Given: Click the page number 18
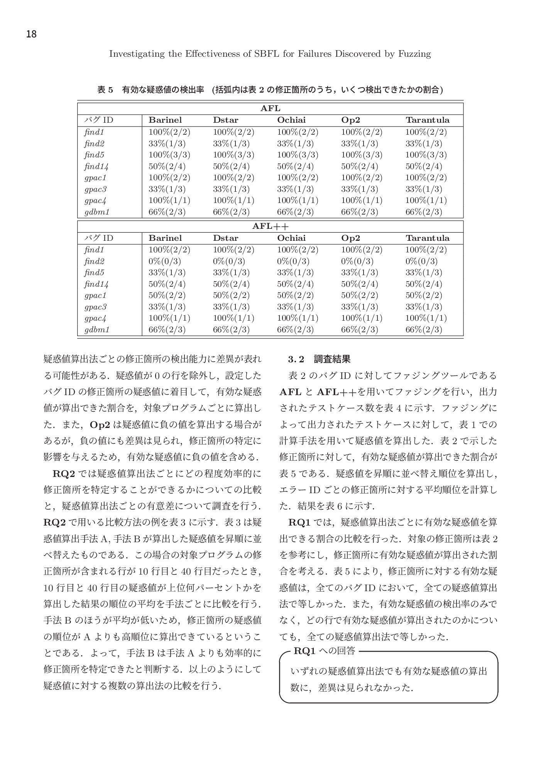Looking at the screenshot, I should pyautogui.click(x=31, y=35).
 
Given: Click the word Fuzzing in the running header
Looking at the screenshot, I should pyautogui.click(x=414, y=54).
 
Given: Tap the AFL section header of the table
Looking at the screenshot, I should pyautogui.click(x=270, y=108).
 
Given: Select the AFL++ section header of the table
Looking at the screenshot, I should pyautogui.click(x=270, y=226).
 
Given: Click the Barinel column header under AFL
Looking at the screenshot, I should pyautogui.click(x=165, y=120).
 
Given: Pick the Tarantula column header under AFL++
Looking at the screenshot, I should pyautogui.click(x=427, y=238).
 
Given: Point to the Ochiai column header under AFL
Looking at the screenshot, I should pyautogui.click(x=291, y=120).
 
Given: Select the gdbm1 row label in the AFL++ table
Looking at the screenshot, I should pyautogui.click(x=97, y=330).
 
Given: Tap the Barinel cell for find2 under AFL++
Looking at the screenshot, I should pyautogui.click(x=164, y=261).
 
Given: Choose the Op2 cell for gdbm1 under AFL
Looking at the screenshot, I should pyautogui.click(x=359, y=212).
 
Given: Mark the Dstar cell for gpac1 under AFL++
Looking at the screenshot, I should pyautogui.click(x=231, y=295).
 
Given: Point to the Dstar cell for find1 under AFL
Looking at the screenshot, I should pyautogui.click(x=233, y=132).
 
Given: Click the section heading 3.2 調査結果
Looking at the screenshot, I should pyautogui.click(x=319, y=359).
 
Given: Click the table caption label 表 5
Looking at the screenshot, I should pyautogui.click(x=105, y=90).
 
